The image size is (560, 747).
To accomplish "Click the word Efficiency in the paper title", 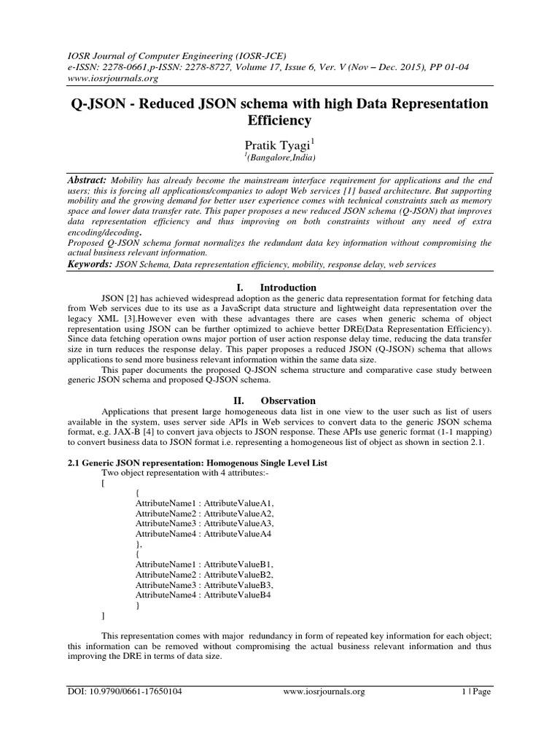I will (280, 120).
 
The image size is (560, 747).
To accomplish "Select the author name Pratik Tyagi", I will (277, 146).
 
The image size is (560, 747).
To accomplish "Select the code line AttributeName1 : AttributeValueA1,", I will (205, 503).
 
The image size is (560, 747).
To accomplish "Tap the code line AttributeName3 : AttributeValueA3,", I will (205, 524).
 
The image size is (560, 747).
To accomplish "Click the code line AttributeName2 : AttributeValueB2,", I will (205, 575).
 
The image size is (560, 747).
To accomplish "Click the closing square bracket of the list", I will (103, 616).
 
